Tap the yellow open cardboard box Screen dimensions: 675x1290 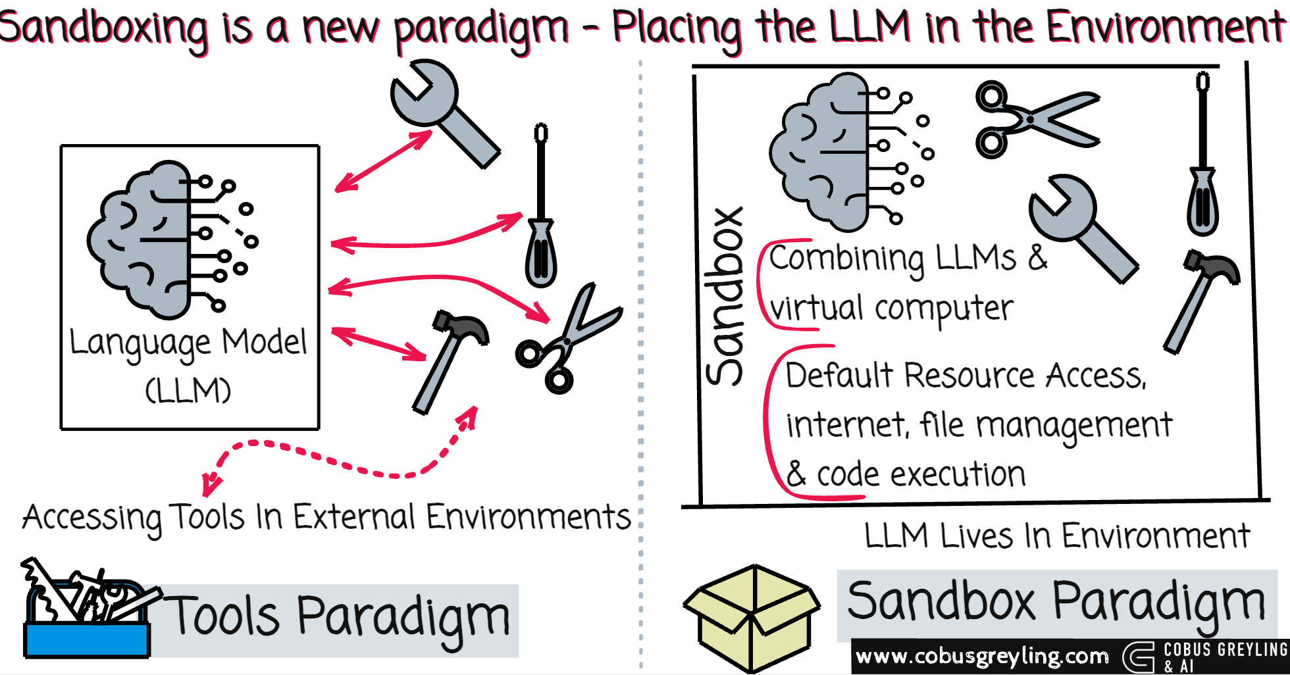[752, 618]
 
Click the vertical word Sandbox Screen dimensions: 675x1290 [724, 296]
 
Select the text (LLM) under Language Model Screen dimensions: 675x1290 [188, 390]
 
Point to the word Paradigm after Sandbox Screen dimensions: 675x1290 [1158, 602]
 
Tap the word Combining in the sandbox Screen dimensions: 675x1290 [846, 259]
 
